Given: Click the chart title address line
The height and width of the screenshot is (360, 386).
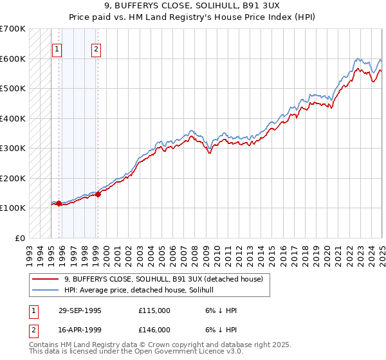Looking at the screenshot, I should click(x=192, y=8).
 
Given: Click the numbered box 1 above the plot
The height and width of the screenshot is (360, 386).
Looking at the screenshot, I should click(x=57, y=48).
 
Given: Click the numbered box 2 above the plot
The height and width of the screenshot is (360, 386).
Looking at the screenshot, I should click(x=96, y=48).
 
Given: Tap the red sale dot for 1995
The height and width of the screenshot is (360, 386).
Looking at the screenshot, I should click(x=59, y=203).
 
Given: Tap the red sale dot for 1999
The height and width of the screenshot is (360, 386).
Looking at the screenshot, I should click(x=98, y=194).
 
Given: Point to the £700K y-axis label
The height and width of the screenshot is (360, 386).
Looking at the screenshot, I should click(x=13, y=29).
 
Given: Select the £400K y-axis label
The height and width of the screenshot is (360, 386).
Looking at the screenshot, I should click(x=13, y=118).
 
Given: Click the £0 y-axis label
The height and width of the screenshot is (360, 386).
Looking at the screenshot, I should click(x=19, y=238).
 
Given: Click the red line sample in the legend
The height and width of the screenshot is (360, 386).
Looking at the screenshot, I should click(x=46, y=279).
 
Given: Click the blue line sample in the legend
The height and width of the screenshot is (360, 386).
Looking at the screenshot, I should click(x=46, y=290).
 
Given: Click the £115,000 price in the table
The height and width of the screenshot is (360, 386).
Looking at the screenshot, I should click(x=154, y=310).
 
